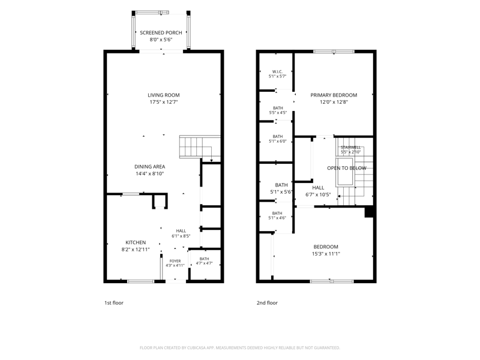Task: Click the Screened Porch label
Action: [x=161, y=33]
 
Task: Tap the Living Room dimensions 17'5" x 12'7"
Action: [x=163, y=102]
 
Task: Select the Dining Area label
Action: [x=149, y=167]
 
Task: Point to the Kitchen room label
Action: [x=136, y=242]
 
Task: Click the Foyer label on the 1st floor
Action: [x=175, y=261]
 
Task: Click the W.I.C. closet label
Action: [x=277, y=71]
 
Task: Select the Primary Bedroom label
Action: [x=334, y=95]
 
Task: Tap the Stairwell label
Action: [x=350, y=148]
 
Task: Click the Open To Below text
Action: [x=347, y=168]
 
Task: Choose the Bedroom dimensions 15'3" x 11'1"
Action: [x=326, y=254]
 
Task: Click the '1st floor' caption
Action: [x=114, y=303]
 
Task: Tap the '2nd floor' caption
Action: [x=267, y=303]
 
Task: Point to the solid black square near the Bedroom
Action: [x=369, y=212]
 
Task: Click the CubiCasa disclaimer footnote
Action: [x=239, y=348]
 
